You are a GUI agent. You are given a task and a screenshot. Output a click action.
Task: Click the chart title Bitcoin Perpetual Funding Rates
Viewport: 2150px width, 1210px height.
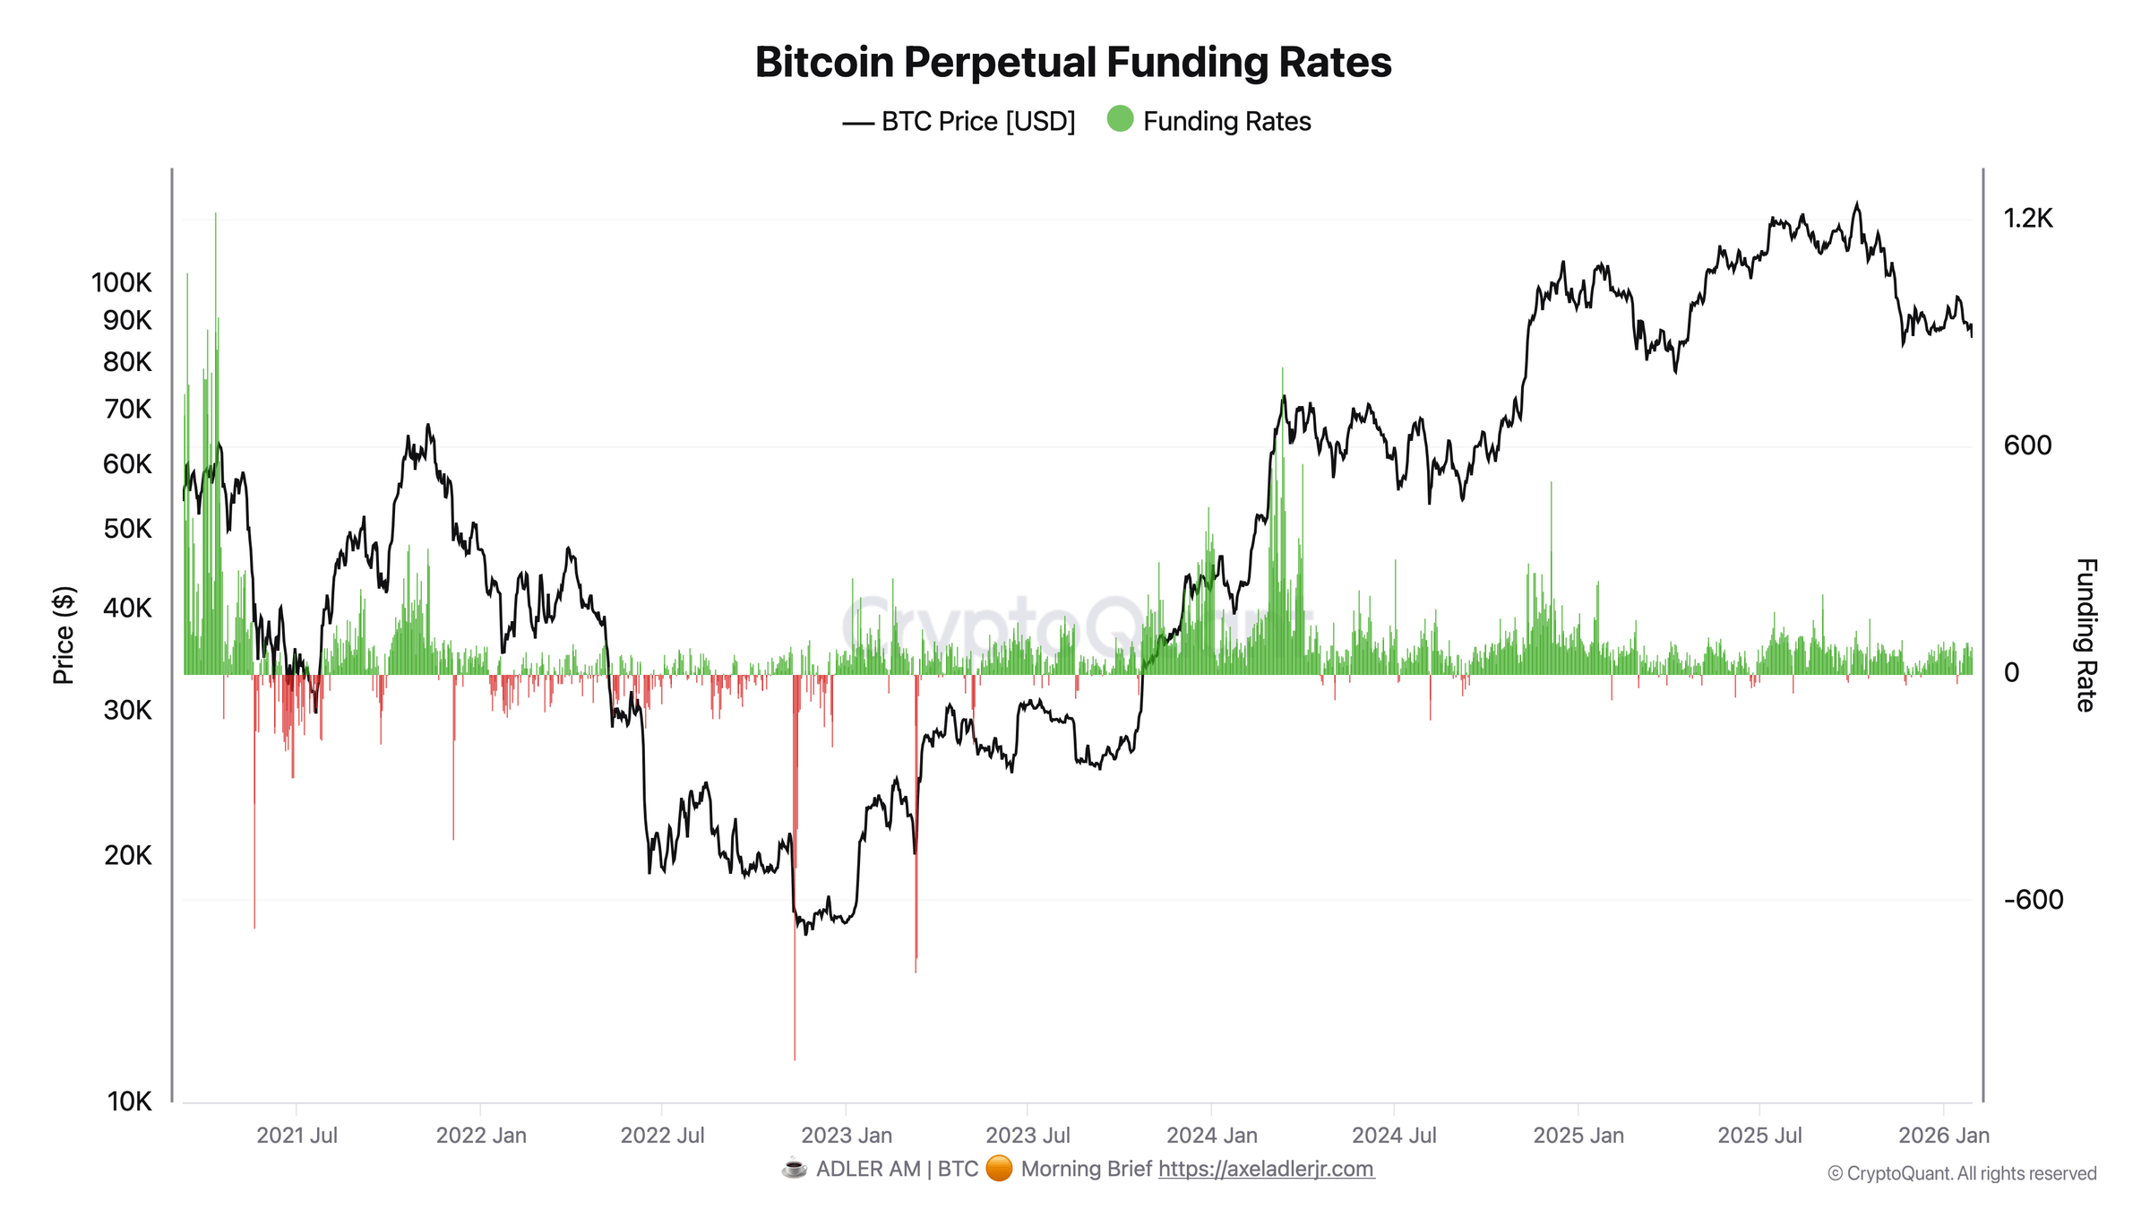[x=1073, y=63]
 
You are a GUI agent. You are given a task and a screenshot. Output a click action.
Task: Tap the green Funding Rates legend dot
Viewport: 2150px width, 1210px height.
[x=1120, y=119]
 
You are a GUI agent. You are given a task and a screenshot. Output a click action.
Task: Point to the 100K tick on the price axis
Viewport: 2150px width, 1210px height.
[x=122, y=283]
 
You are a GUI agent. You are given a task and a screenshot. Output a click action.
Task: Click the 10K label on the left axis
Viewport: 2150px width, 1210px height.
[x=129, y=1102]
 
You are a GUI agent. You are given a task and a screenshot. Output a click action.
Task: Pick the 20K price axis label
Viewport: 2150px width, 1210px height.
[x=128, y=856]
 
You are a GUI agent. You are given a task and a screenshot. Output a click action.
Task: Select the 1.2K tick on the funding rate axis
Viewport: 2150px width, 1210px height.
[x=2027, y=219]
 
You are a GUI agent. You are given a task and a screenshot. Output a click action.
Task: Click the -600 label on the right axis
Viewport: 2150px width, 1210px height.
[x=2033, y=900]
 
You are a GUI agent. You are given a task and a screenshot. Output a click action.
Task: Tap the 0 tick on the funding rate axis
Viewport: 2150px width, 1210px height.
[x=2011, y=673]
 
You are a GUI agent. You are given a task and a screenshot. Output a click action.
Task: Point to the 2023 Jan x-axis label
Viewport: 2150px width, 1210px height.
[x=847, y=1136]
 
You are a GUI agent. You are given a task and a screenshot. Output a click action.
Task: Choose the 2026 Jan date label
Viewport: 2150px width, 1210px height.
[x=1943, y=1136]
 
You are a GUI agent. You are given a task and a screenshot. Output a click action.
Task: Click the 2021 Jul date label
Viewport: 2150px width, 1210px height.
[x=297, y=1136]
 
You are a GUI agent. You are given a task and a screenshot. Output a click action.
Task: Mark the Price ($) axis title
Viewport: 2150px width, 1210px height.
[x=64, y=635]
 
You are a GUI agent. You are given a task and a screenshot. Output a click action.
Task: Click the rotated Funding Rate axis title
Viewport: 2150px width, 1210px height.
[x=2085, y=635]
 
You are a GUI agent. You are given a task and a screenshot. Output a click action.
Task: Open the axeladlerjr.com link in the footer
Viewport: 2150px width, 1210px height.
[x=1266, y=1169]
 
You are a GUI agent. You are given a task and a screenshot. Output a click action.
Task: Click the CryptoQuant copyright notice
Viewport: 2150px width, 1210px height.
[x=1962, y=1173]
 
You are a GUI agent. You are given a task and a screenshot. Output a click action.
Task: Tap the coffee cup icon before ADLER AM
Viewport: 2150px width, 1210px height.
[x=794, y=1169]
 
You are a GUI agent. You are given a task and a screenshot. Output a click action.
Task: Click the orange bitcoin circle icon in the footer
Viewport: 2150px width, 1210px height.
[x=999, y=1169]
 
